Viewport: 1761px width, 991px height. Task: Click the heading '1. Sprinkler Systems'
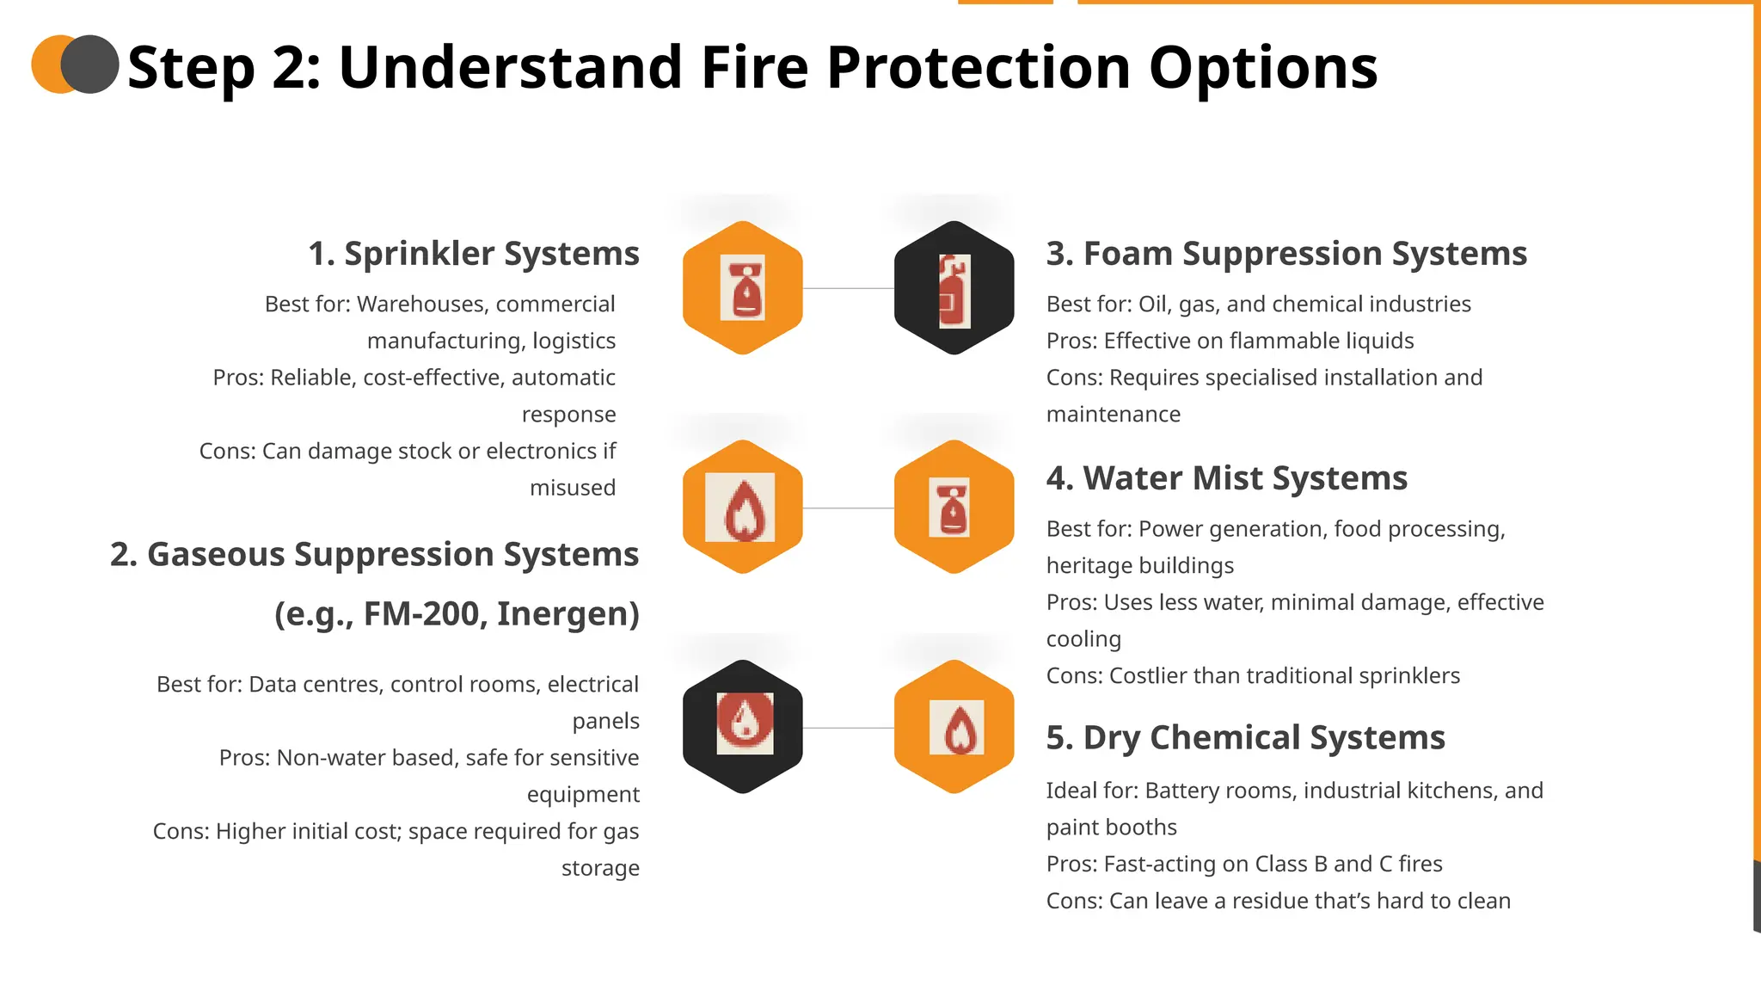tap(474, 254)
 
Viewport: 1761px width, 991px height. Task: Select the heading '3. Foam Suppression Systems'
tap(1286, 254)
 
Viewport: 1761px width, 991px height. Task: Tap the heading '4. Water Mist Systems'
tap(1226, 478)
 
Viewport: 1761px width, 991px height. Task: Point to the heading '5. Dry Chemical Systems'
tap(1245, 738)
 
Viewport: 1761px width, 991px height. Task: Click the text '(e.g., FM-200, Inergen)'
tap(457, 614)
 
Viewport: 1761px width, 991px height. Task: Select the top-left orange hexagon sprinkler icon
tap(743, 288)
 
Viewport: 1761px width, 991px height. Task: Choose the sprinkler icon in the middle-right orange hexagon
tap(954, 508)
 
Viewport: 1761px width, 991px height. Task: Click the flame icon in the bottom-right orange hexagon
tap(956, 728)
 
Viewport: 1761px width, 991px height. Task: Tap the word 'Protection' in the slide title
tap(979, 68)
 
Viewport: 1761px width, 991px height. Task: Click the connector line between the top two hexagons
tap(848, 288)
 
